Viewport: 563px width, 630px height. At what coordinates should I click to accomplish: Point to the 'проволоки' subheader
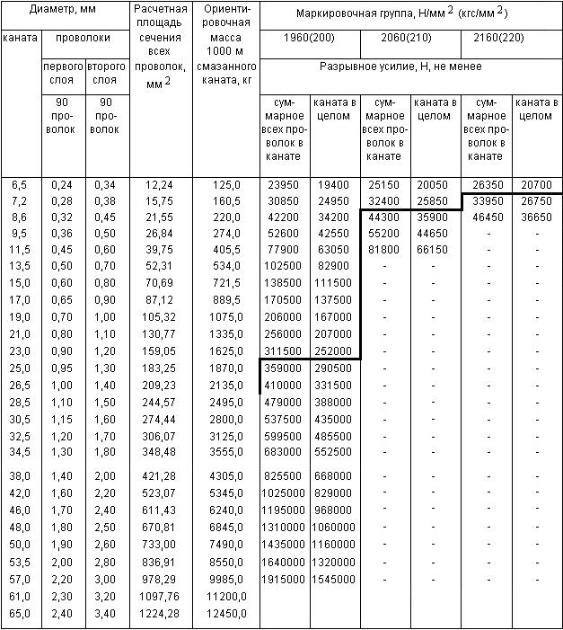[x=84, y=40]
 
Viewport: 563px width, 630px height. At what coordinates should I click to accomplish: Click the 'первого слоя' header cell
[x=63, y=74]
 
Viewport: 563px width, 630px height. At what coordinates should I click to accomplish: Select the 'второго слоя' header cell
[x=106, y=74]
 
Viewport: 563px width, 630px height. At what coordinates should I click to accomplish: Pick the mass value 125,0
[x=226, y=185]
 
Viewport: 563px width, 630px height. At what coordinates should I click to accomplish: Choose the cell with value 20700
[x=537, y=185]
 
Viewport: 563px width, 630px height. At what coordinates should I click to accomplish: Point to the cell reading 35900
[x=435, y=217]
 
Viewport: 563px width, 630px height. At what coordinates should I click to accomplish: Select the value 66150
[x=435, y=249]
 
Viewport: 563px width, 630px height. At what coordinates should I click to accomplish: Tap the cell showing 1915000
[x=285, y=579]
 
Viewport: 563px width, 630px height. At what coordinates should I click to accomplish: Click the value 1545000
[x=334, y=579]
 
